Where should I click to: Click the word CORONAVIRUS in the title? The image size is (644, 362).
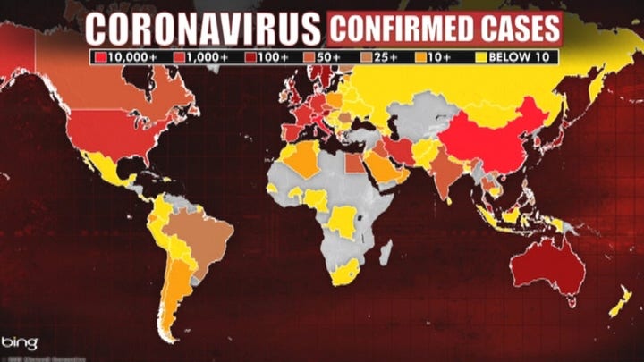(203, 28)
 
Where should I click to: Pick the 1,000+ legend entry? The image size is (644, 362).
(199, 56)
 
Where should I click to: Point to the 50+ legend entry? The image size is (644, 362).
(324, 56)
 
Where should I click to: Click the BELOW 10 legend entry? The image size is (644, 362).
(513, 56)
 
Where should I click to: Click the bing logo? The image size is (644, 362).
(20, 341)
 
